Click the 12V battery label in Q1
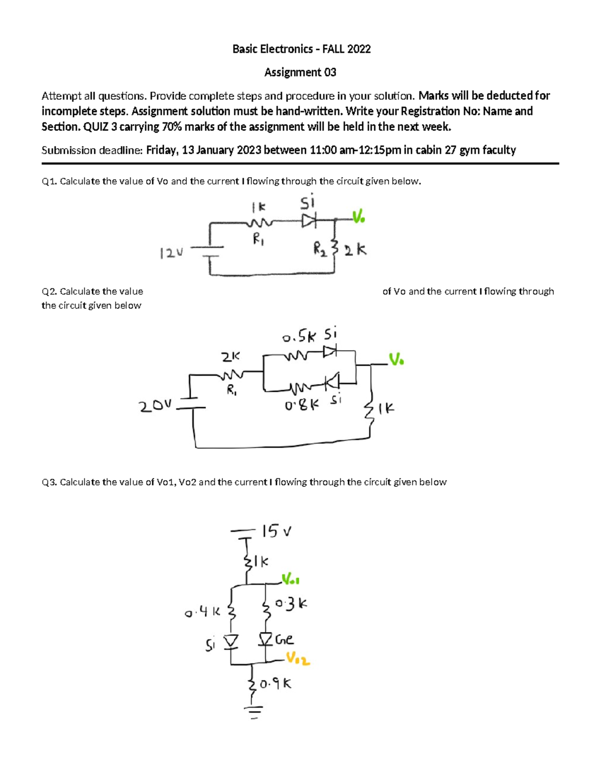click(171, 253)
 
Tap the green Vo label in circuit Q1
click(358, 217)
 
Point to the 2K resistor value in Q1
click(355, 250)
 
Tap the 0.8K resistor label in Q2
click(302, 405)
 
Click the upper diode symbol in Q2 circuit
click(330, 352)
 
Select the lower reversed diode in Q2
click(332, 382)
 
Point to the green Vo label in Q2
click(396, 359)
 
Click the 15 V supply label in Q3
click(276, 531)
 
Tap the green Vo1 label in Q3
click(290, 580)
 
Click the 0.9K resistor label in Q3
click(276, 683)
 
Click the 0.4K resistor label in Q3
click(202, 611)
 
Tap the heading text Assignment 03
click(300, 73)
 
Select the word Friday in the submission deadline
click(161, 150)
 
